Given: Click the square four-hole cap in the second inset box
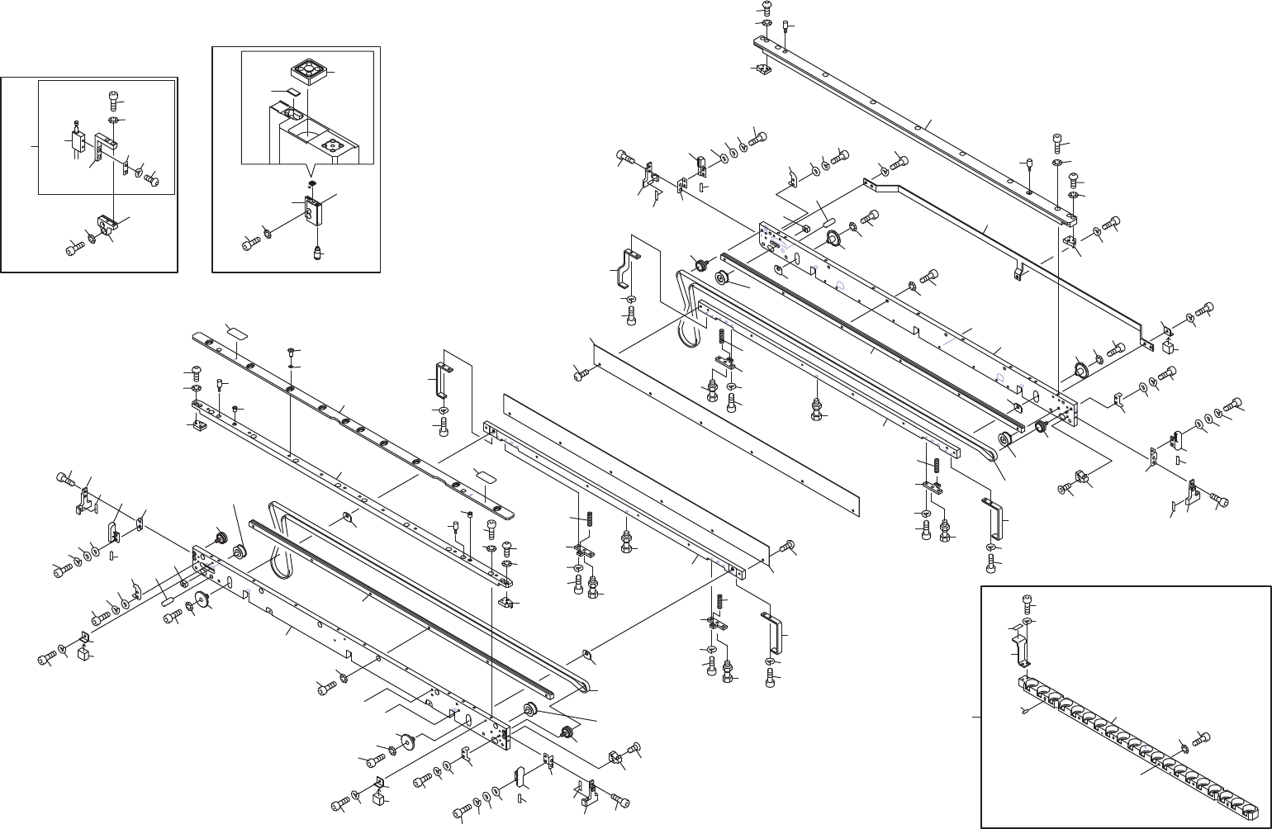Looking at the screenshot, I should click(309, 71).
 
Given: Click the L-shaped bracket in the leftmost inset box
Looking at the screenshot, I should click(103, 146).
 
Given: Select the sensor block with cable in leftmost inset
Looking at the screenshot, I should click(78, 138).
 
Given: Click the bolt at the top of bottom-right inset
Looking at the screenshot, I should click(1028, 601).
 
